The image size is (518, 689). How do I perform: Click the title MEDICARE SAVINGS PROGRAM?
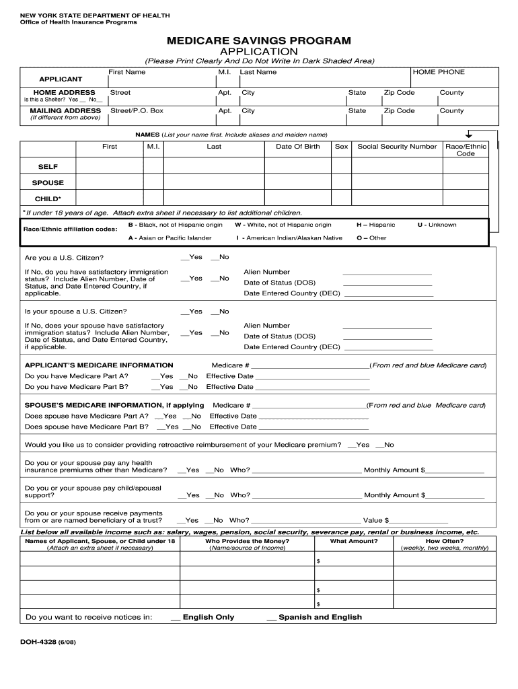[259, 41]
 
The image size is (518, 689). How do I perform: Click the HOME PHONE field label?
[438, 72]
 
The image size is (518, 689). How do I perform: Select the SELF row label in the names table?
[48, 166]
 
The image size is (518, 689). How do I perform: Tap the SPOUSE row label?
[48, 182]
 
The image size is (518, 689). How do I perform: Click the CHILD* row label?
[48, 198]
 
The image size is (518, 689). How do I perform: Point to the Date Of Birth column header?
[298, 147]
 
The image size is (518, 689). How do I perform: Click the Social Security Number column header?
[397, 147]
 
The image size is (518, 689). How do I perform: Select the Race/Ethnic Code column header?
[466, 150]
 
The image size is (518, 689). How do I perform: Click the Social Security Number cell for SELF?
[397, 166]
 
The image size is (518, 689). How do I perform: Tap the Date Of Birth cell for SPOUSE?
[298, 182]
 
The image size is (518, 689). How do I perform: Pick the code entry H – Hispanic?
[375, 225]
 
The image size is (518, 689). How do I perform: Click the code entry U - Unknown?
[437, 225]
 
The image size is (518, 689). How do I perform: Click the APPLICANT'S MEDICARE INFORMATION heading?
[99, 365]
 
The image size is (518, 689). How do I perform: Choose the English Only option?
[202, 617]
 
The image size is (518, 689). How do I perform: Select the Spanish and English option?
[314, 617]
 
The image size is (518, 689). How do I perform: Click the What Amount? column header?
[353, 541]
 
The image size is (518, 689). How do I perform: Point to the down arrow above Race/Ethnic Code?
[469, 135]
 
